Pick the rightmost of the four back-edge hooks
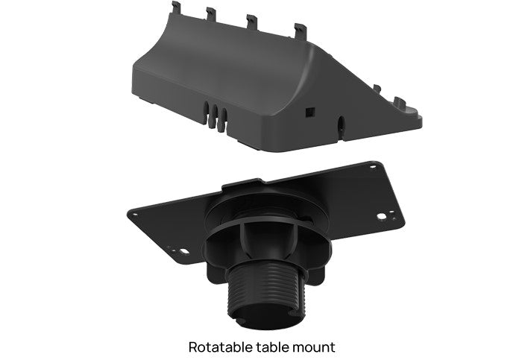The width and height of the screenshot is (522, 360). pos(301,30)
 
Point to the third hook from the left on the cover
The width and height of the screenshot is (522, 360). pos(252,20)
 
